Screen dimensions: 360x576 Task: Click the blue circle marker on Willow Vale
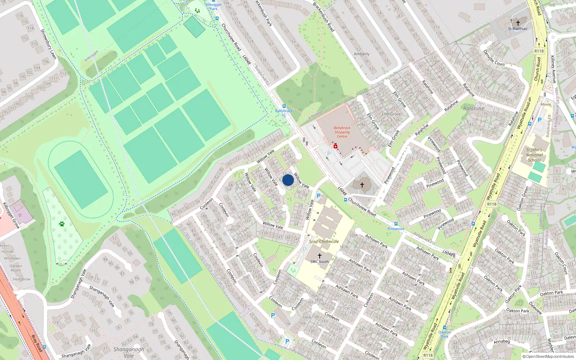[x=288, y=180]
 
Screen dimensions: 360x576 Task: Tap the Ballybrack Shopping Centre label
[x=342, y=132]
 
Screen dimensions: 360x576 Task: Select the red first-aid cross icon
[x=336, y=146]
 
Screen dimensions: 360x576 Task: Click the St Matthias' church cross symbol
[x=518, y=23]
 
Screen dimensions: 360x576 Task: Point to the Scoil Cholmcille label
[x=324, y=242]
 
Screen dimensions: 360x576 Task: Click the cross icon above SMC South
[x=319, y=256]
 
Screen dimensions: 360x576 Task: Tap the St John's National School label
[x=534, y=155]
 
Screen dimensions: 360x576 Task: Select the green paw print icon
[x=62, y=224]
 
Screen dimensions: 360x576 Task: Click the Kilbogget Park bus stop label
[x=213, y=6]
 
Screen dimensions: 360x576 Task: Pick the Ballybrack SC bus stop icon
[x=284, y=106]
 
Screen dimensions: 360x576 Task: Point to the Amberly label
[x=361, y=54]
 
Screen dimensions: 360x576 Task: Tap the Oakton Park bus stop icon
[x=445, y=328]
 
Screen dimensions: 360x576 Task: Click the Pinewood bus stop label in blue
[x=396, y=229]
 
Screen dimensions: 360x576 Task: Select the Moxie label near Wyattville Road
[x=546, y=104]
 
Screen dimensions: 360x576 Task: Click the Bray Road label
[x=37, y=343]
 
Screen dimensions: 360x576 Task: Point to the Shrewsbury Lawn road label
[x=48, y=44]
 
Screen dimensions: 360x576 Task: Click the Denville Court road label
[x=494, y=58]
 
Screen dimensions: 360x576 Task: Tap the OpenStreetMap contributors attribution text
[x=548, y=356]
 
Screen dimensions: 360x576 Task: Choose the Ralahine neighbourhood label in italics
[x=473, y=108]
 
